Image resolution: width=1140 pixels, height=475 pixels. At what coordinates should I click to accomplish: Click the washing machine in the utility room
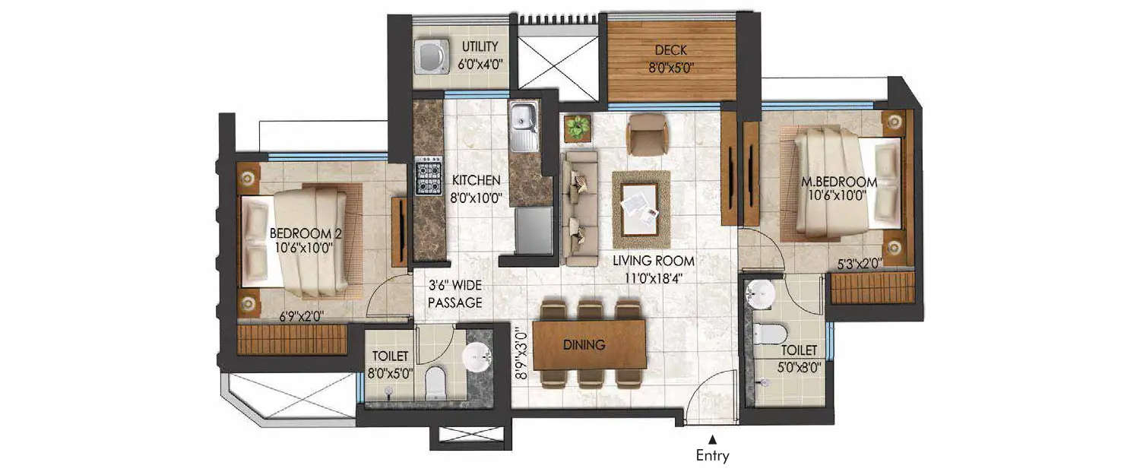tap(432, 57)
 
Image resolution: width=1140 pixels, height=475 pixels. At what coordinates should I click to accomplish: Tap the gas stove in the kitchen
tap(429, 176)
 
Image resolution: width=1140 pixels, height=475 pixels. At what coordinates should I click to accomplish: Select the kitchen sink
tap(523, 126)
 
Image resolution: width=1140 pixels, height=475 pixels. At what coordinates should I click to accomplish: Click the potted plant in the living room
tap(578, 125)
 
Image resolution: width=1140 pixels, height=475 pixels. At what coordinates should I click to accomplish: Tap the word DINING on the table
tap(584, 345)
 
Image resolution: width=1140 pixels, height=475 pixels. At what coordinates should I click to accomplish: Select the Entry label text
tap(712, 456)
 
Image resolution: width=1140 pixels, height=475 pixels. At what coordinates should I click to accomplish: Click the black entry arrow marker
tap(712, 438)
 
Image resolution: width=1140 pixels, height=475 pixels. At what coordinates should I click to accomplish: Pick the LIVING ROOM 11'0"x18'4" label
tap(654, 268)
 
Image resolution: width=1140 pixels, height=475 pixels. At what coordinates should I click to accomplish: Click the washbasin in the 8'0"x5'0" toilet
tap(477, 353)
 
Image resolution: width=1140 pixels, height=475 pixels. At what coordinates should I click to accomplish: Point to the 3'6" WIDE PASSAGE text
tap(454, 295)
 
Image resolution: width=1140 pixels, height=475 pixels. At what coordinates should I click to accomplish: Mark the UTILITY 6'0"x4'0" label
tap(480, 55)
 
